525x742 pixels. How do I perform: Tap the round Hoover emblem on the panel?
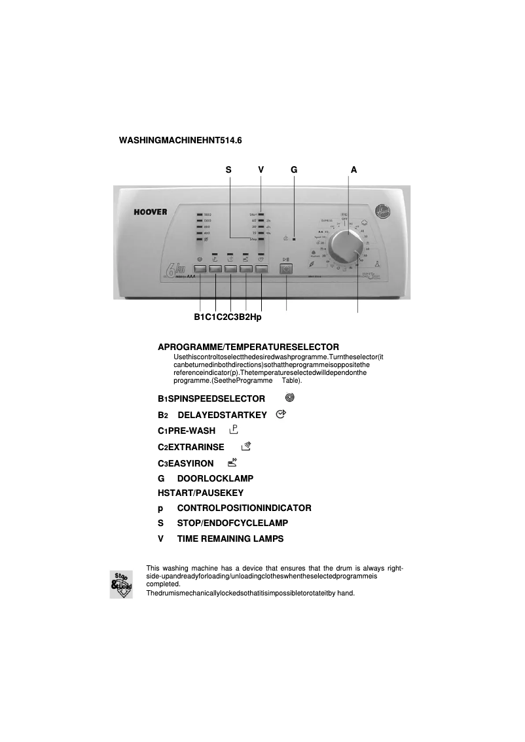click(x=381, y=211)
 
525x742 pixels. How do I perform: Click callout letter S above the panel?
click(x=228, y=169)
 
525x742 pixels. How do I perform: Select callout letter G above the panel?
click(x=294, y=169)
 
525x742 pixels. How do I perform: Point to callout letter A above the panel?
click(x=353, y=169)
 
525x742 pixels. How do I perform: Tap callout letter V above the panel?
click(x=261, y=169)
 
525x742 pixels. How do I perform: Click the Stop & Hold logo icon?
click(x=120, y=584)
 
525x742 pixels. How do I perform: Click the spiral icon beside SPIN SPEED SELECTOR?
click(x=290, y=397)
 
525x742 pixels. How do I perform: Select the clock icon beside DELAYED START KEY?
click(x=281, y=414)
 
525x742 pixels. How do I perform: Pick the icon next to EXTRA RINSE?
click(x=245, y=446)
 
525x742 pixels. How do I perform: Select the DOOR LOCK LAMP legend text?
click(x=215, y=479)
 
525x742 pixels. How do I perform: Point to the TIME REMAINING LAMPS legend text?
click(x=230, y=539)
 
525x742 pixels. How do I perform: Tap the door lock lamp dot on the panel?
click(x=294, y=239)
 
